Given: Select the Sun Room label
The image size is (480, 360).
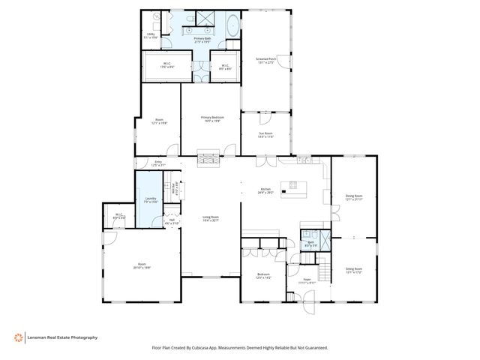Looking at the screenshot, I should coord(266,135).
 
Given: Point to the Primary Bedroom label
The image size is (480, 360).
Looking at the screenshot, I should coord(211,119).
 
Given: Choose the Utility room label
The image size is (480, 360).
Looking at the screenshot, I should coord(150,35).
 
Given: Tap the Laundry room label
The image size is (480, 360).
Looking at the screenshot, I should coord(150,200).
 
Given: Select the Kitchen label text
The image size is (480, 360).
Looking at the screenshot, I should coord(265,190).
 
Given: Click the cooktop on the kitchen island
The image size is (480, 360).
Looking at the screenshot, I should coord(293,185).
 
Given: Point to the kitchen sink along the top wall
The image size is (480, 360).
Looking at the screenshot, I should coord(303,160).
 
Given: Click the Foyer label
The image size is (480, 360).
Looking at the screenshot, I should coord(307,280).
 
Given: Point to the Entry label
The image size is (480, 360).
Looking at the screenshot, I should coord(157,163).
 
